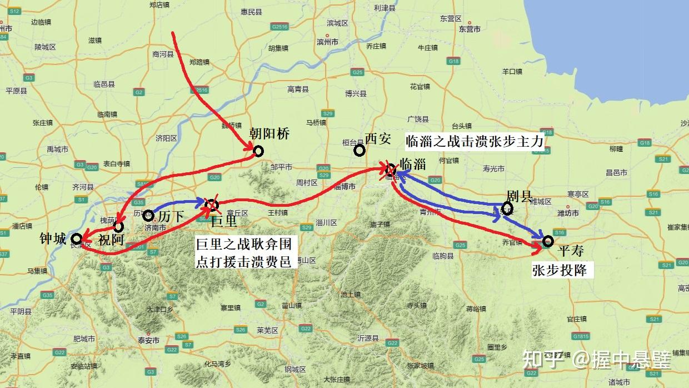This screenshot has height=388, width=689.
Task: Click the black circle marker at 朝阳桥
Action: (258, 151)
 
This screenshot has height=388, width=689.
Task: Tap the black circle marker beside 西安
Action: (360, 150)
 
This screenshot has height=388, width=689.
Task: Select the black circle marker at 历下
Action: (148, 215)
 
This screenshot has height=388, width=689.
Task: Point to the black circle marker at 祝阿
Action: (118, 227)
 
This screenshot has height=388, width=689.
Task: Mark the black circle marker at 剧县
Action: (507, 208)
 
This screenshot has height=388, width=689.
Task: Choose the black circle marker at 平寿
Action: (548, 241)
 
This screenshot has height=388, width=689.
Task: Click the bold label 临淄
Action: (413, 164)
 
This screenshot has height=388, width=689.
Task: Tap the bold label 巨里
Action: (224, 222)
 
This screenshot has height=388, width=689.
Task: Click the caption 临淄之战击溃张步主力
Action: (475, 141)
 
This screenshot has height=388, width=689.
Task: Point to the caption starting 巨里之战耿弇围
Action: (243, 252)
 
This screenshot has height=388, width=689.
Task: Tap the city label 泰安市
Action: (149, 340)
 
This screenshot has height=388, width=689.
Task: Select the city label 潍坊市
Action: (567, 213)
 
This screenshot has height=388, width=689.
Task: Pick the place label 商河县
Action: (162, 54)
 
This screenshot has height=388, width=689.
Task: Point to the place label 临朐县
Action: (442, 256)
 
